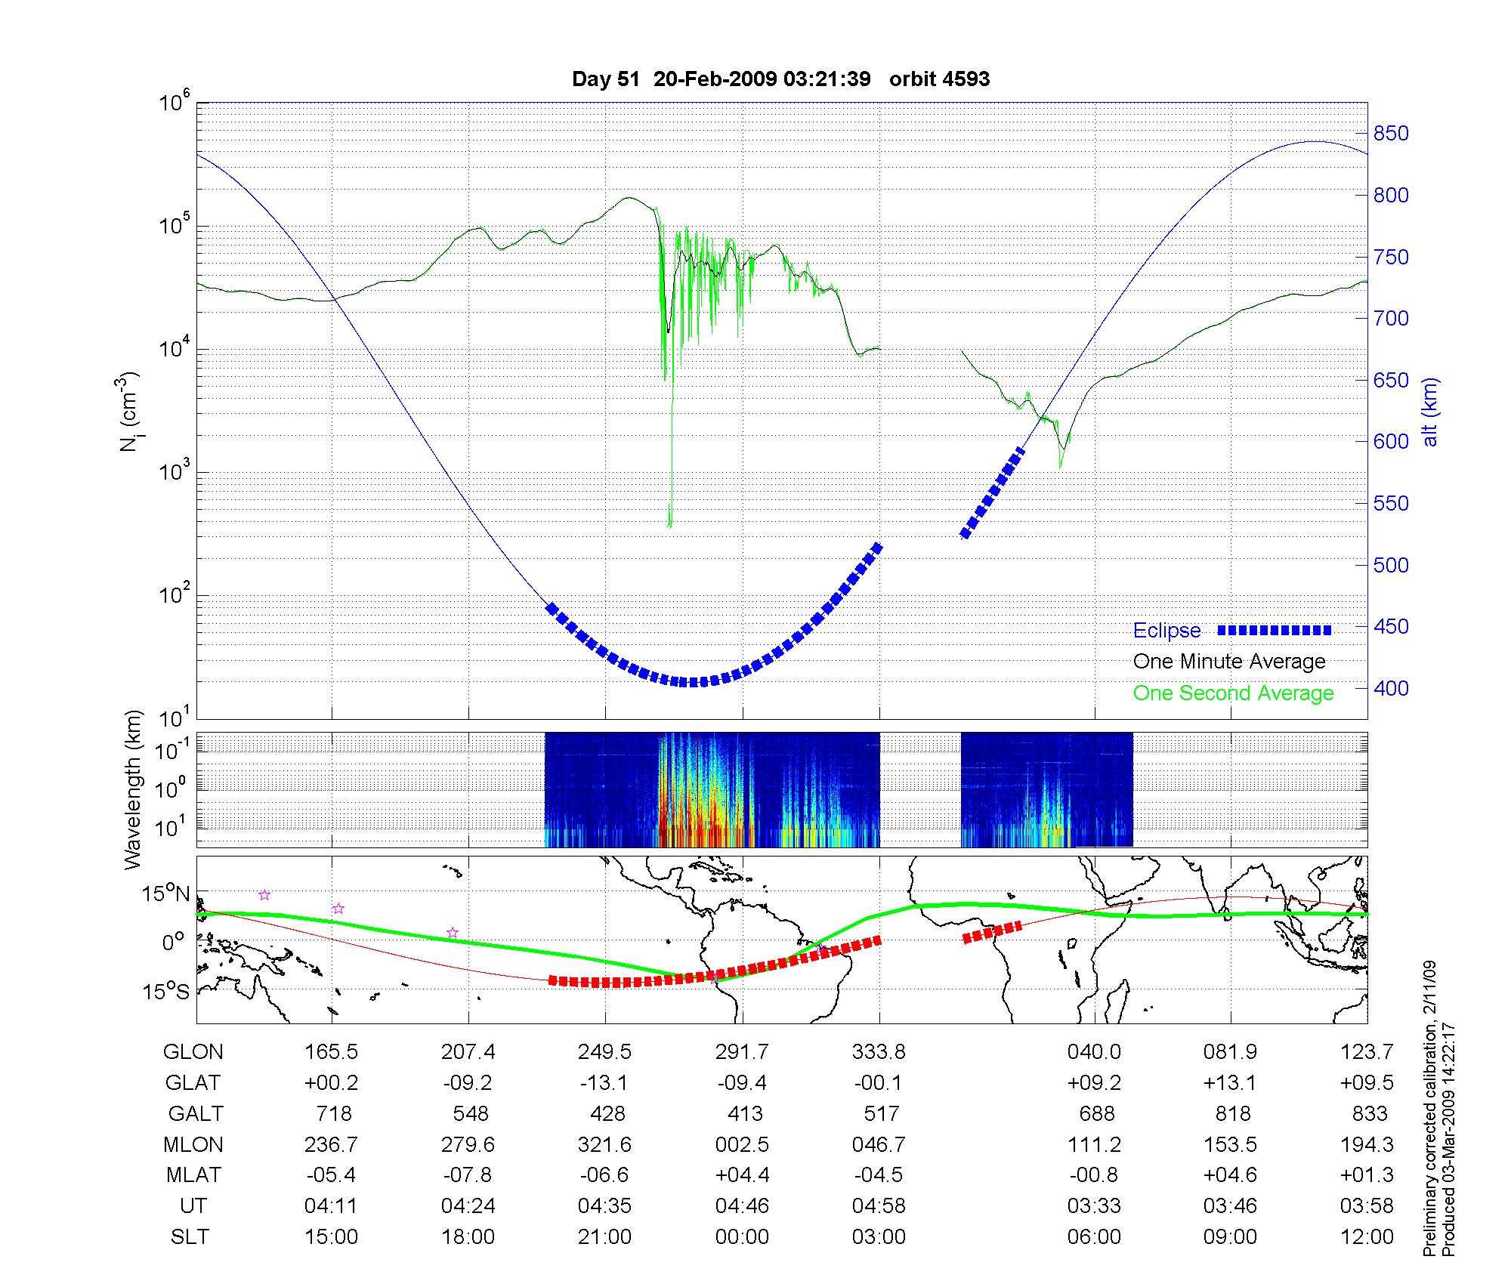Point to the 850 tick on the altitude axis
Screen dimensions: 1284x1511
(x=1390, y=134)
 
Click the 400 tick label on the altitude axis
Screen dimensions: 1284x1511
(x=1390, y=688)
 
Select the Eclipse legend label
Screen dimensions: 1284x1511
(x=1166, y=631)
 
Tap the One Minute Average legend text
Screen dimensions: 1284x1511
(x=1229, y=662)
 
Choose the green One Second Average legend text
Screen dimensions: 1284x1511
(x=1233, y=693)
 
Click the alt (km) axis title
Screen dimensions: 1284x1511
(x=1430, y=412)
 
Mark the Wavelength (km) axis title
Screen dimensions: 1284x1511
(x=134, y=789)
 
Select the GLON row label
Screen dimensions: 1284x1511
(x=193, y=1051)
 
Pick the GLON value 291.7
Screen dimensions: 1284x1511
(x=742, y=1051)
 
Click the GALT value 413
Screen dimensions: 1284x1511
(x=745, y=1113)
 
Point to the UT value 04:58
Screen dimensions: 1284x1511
(x=879, y=1205)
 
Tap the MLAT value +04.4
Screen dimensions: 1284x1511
(x=742, y=1175)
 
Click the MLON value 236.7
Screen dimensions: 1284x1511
(x=331, y=1144)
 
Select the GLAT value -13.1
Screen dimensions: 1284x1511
(x=604, y=1082)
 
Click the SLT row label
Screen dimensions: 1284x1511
(x=190, y=1236)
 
